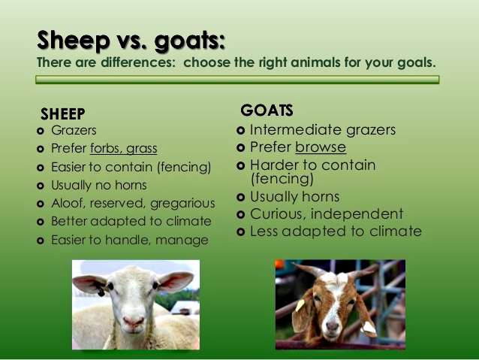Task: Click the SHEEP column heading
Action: click(x=63, y=114)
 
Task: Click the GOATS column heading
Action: click(x=267, y=110)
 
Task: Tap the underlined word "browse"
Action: click(x=321, y=147)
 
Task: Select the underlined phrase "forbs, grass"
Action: click(x=123, y=148)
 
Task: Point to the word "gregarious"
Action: click(x=182, y=204)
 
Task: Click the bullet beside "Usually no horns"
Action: click(x=41, y=186)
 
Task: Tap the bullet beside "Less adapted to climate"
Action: click(x=241, y=231)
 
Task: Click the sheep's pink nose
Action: click(x=133, y=321)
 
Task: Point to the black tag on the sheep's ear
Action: click(x=99, y=289)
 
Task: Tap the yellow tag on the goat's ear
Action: click(x=300, y=304)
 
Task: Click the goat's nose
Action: click(x=332, y=325)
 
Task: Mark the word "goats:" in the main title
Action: click(x=190, y=41)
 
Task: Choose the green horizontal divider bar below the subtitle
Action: click(x=237, y=80)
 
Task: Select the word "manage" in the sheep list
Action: click(x=182, y=241)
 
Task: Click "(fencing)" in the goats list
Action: click(x=282, y=179)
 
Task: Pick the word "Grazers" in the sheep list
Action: click(x=74, y=130)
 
